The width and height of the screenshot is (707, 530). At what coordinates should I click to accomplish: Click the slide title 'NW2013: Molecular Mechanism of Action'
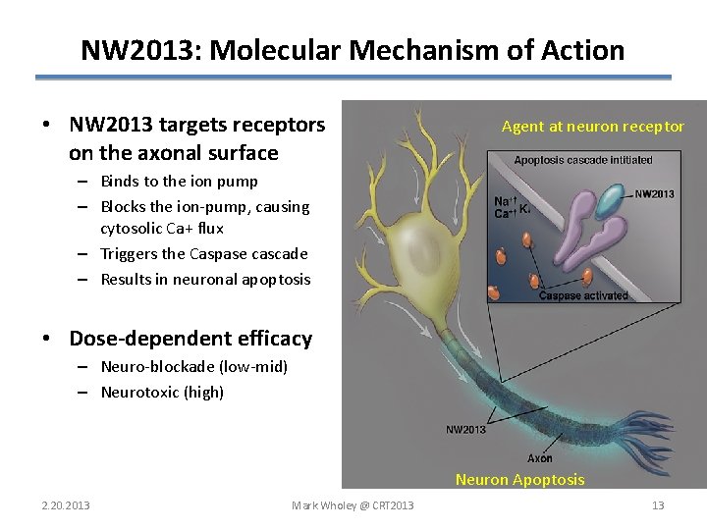353,49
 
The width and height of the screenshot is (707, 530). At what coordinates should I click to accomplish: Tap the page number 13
658,505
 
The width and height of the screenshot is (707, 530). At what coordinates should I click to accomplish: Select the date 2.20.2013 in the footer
65,505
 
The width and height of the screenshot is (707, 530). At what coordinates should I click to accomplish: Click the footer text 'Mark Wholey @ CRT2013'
353,505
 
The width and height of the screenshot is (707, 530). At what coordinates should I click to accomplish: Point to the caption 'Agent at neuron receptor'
592,126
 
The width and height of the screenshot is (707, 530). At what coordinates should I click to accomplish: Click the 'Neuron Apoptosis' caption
519,480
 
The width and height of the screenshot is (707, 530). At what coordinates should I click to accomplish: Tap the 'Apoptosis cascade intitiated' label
583,160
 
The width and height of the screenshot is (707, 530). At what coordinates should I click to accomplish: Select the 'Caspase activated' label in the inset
583,295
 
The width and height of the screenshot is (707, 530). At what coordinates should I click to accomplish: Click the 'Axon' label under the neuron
539,458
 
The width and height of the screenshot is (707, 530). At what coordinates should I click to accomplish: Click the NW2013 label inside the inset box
654,194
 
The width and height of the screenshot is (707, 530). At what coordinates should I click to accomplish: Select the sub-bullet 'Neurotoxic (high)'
162,393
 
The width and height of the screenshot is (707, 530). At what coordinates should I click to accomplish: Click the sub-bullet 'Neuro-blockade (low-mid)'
193,367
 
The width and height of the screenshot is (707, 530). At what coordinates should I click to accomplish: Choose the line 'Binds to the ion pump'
179,182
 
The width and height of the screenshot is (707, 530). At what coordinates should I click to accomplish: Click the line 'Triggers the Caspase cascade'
204,254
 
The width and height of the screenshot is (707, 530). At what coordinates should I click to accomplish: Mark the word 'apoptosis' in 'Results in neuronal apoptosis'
277,280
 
